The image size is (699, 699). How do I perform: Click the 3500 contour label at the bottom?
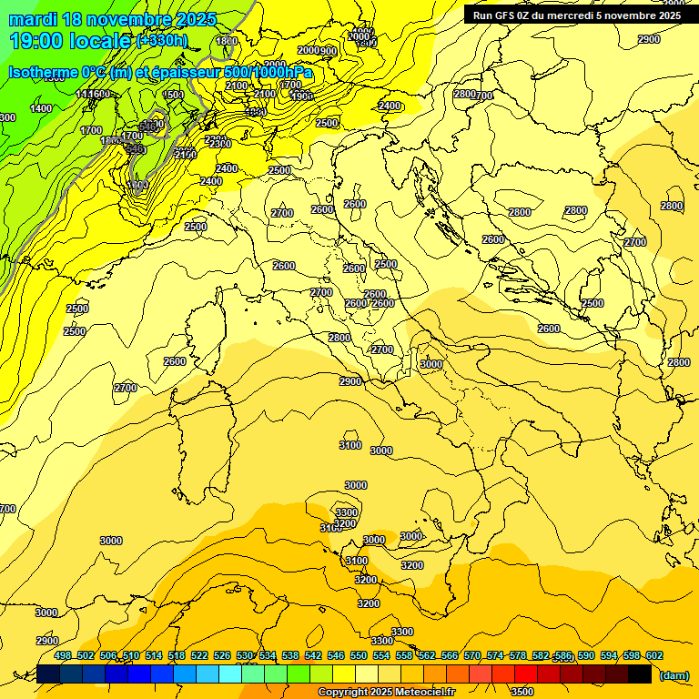522,691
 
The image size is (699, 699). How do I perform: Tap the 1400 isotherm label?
41,108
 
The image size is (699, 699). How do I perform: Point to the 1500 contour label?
173,95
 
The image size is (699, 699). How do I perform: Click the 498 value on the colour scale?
63,655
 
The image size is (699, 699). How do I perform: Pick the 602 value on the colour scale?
653,655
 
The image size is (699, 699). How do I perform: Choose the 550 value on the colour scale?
359,655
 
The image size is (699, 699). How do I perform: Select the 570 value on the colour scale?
472,655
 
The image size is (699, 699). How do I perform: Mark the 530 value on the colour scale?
245,655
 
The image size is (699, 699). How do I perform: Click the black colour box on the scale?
640,674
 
